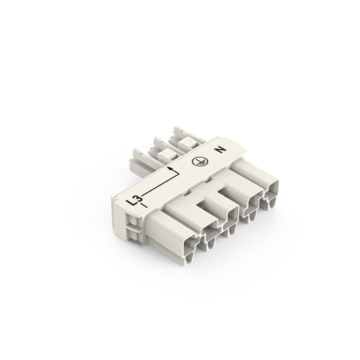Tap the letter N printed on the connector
coord(220,150)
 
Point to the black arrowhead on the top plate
coord(170,168)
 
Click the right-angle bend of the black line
coord(179,174)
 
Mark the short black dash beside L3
coord(143,205)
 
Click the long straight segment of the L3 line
coord(161,185)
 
